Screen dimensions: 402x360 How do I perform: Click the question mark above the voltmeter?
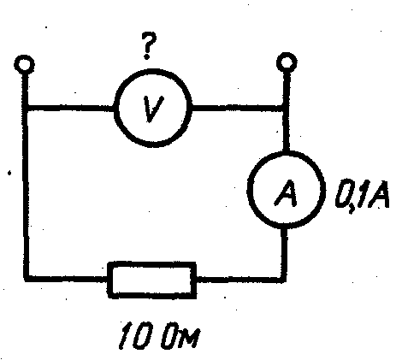coord(148,45)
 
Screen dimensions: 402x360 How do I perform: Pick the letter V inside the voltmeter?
coord(153,109)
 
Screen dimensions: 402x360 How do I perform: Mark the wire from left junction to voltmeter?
coord(71,109)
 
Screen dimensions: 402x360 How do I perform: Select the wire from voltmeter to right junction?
coord(238,109)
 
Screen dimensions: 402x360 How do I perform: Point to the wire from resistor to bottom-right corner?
coord(241,280)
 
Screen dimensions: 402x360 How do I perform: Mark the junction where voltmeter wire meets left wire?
coord(26,109)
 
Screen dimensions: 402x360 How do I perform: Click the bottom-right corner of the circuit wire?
coord(284,280)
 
